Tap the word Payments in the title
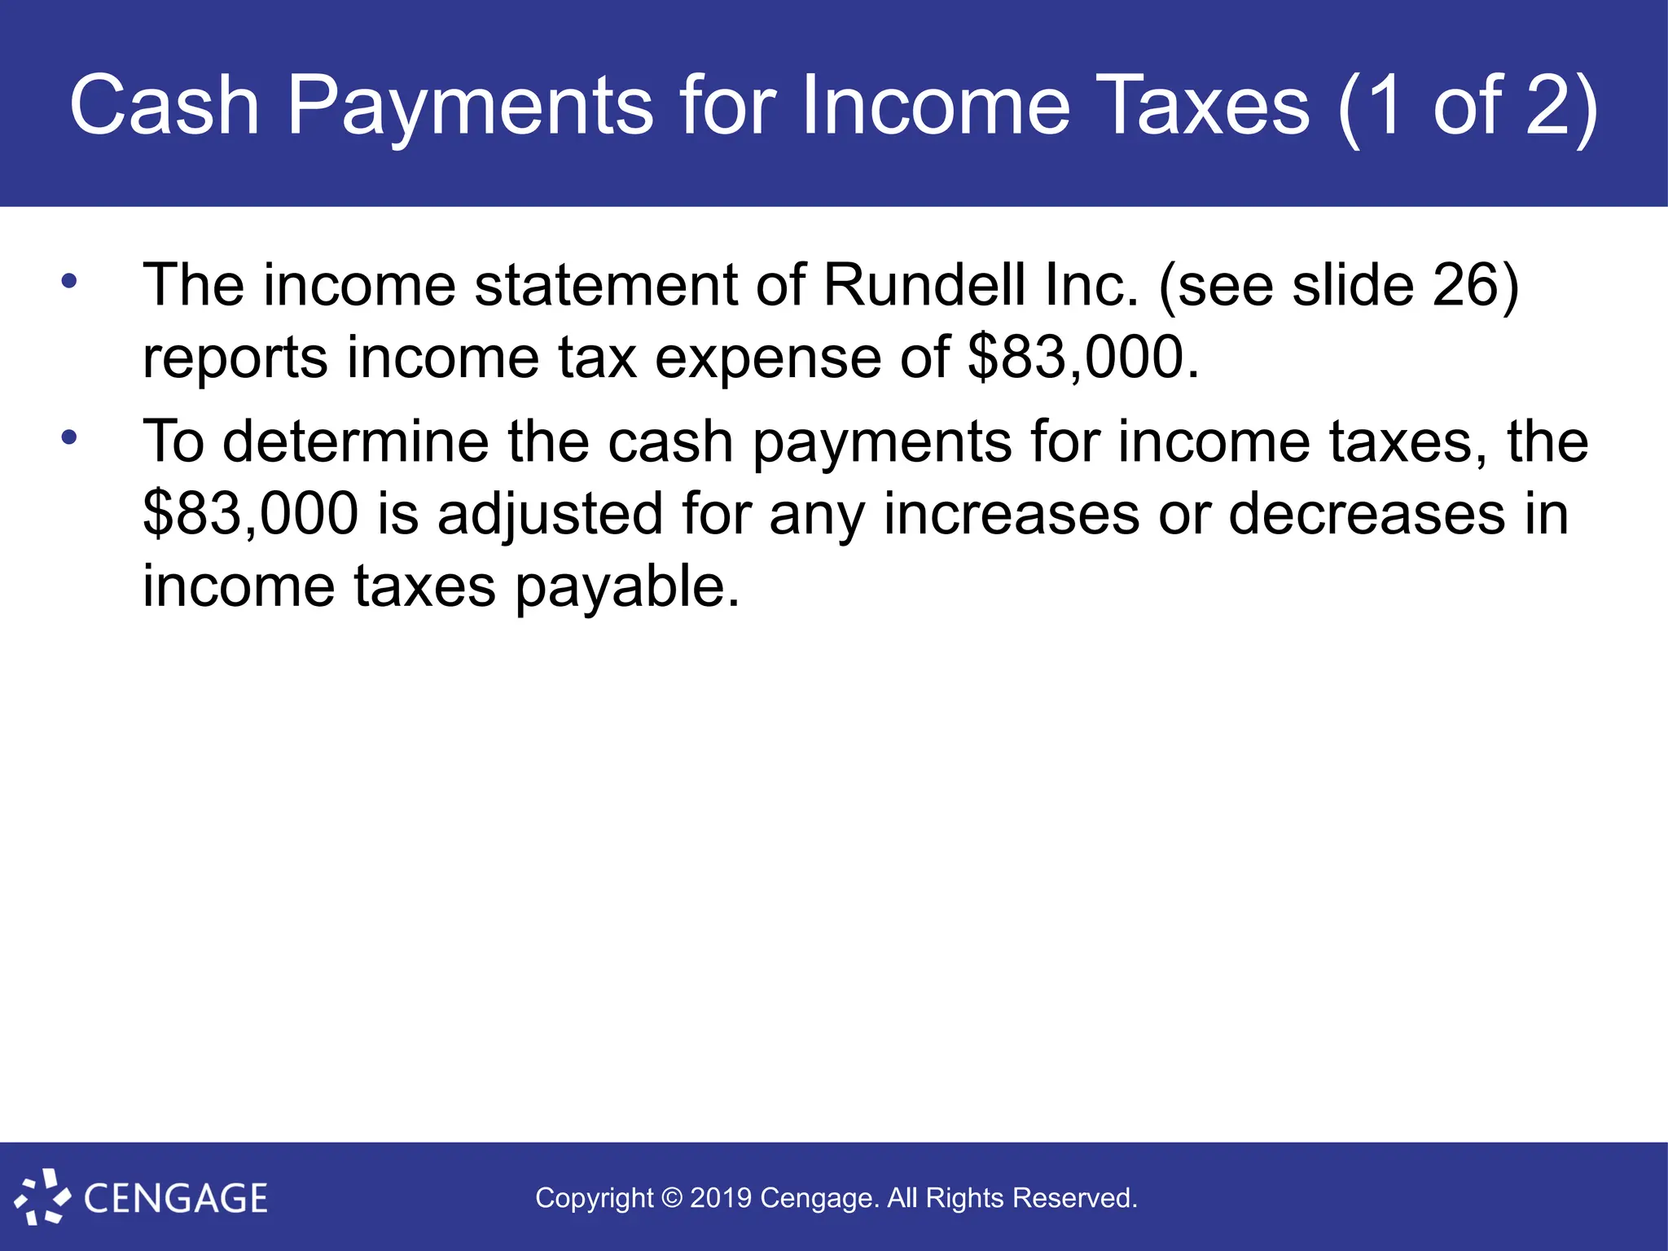point(470,107)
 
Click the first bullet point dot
point(69,282)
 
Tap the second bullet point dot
point(69,437)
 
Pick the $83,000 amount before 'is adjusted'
point(250,514)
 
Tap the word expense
point(767,359)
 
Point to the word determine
point(356,441)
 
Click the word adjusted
point(550,516)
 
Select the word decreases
point(1367,514)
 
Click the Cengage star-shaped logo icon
point(42,1196)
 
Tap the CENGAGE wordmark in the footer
point(175,1198)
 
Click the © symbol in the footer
point(671,1198)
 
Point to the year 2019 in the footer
point(721,1198)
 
